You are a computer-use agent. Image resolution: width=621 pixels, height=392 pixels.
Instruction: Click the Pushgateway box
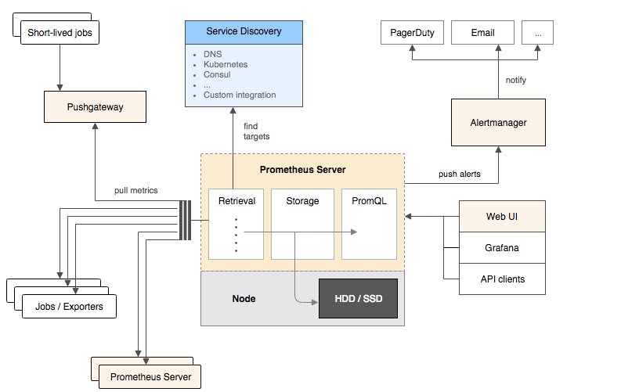pyautogui.click(x=95, y=107)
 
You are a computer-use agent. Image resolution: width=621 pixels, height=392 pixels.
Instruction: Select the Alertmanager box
pyautogui.click(x=497, y=122)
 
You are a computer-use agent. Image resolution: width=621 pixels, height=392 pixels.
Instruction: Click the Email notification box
pyautogui.click(x=482, y=33)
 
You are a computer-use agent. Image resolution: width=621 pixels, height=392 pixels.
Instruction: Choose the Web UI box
pyautogui.click(x=502, y=216)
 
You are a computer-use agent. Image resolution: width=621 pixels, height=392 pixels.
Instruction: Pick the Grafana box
pyautogui.click(x=502, y=247)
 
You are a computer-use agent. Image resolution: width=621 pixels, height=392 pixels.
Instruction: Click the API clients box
pyautogui.click(x=502, y=279)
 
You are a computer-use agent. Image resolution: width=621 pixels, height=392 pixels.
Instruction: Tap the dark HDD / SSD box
pyautogui.click(x=358, y=298)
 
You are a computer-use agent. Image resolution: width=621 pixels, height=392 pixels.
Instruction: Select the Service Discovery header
pyautogui.click(x=244, y=32)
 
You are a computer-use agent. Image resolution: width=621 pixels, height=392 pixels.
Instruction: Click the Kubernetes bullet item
pyautogui.click(x=226, y=64)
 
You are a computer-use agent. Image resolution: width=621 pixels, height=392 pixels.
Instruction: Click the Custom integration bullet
pyautogui.click(x=239, y=95)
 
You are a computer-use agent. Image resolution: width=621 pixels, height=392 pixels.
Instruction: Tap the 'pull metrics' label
pyautogui.click(x=135, y=190)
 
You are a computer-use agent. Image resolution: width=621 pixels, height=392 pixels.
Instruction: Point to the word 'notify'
pyautogui.click(x=516, y=80)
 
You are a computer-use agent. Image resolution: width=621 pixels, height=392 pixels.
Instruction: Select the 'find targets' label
pyautogui.click(x=256, y=131)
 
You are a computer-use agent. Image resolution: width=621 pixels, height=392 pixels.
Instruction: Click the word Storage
pyautogui.click(x=302, y=201)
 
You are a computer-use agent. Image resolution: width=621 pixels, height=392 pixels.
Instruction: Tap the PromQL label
pyautogui.click(x=369, y=201)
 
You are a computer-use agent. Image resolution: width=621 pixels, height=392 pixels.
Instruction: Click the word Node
pyautogui.click(x=244, y=298)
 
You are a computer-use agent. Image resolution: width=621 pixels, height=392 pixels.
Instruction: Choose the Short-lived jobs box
pyautogui.click(x=60, y=33)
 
